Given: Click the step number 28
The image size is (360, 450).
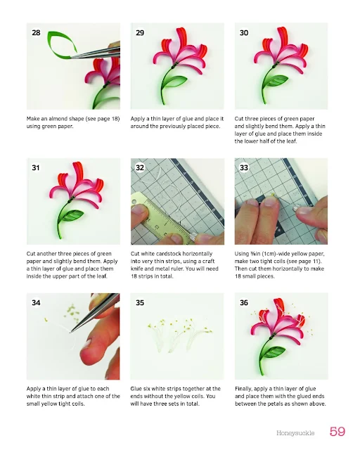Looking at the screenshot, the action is (36, 33).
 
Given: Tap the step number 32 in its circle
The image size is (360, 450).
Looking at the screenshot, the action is (140, 167).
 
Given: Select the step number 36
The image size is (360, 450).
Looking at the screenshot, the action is (244, 303).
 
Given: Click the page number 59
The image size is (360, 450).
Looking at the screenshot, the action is (337, 431).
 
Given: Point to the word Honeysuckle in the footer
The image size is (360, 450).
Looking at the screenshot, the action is (295, 433).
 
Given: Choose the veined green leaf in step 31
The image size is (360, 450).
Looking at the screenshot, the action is (71, 215).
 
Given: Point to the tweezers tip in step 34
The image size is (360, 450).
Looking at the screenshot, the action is (71, 332).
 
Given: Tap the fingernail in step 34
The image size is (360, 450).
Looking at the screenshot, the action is (88, 343).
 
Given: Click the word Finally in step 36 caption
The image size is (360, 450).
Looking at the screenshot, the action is (243, 389).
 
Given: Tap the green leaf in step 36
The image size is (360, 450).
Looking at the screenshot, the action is (274, 352).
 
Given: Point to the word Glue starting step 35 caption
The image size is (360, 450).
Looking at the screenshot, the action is (136, 389).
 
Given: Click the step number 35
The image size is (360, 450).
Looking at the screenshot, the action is (140, 303).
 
